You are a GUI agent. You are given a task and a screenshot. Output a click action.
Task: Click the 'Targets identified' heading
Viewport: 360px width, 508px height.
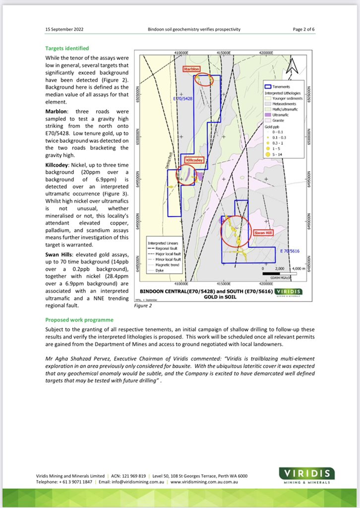coord(67,49)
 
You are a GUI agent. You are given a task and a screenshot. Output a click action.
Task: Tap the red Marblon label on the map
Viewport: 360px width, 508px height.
coord(193,69)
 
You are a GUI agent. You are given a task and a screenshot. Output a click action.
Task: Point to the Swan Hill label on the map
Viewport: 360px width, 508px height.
coord(262,232)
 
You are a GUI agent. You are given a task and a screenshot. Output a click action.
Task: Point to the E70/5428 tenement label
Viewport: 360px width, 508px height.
coord(183,99)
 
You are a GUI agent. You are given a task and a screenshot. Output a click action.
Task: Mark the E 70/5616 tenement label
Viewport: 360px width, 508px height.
coord(290,252)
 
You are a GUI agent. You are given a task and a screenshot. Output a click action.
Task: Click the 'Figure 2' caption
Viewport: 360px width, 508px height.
coord(143,306)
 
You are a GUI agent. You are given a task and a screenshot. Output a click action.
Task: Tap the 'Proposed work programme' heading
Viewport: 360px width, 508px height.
coord(79,319)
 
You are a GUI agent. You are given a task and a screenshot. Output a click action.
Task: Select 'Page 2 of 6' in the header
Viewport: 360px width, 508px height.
coord(303,29)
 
